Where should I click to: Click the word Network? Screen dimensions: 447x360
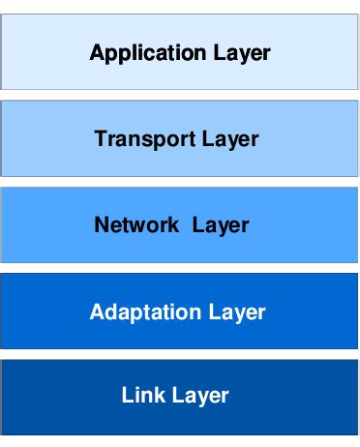[x=136, y=225]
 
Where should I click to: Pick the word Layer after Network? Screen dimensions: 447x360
[x=221, y=225]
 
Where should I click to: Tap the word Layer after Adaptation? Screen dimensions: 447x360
[x=236, y=312]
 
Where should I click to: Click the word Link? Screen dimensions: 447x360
[x=141, y=395]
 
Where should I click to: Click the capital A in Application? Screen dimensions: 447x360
[x=96, y=52]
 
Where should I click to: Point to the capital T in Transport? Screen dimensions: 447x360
[x=101, y=138]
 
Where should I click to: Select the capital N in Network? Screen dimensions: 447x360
[x=101, y=225]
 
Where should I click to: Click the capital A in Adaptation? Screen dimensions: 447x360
[x=96, y=312]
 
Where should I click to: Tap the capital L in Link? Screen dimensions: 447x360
[x=128, y=395]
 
